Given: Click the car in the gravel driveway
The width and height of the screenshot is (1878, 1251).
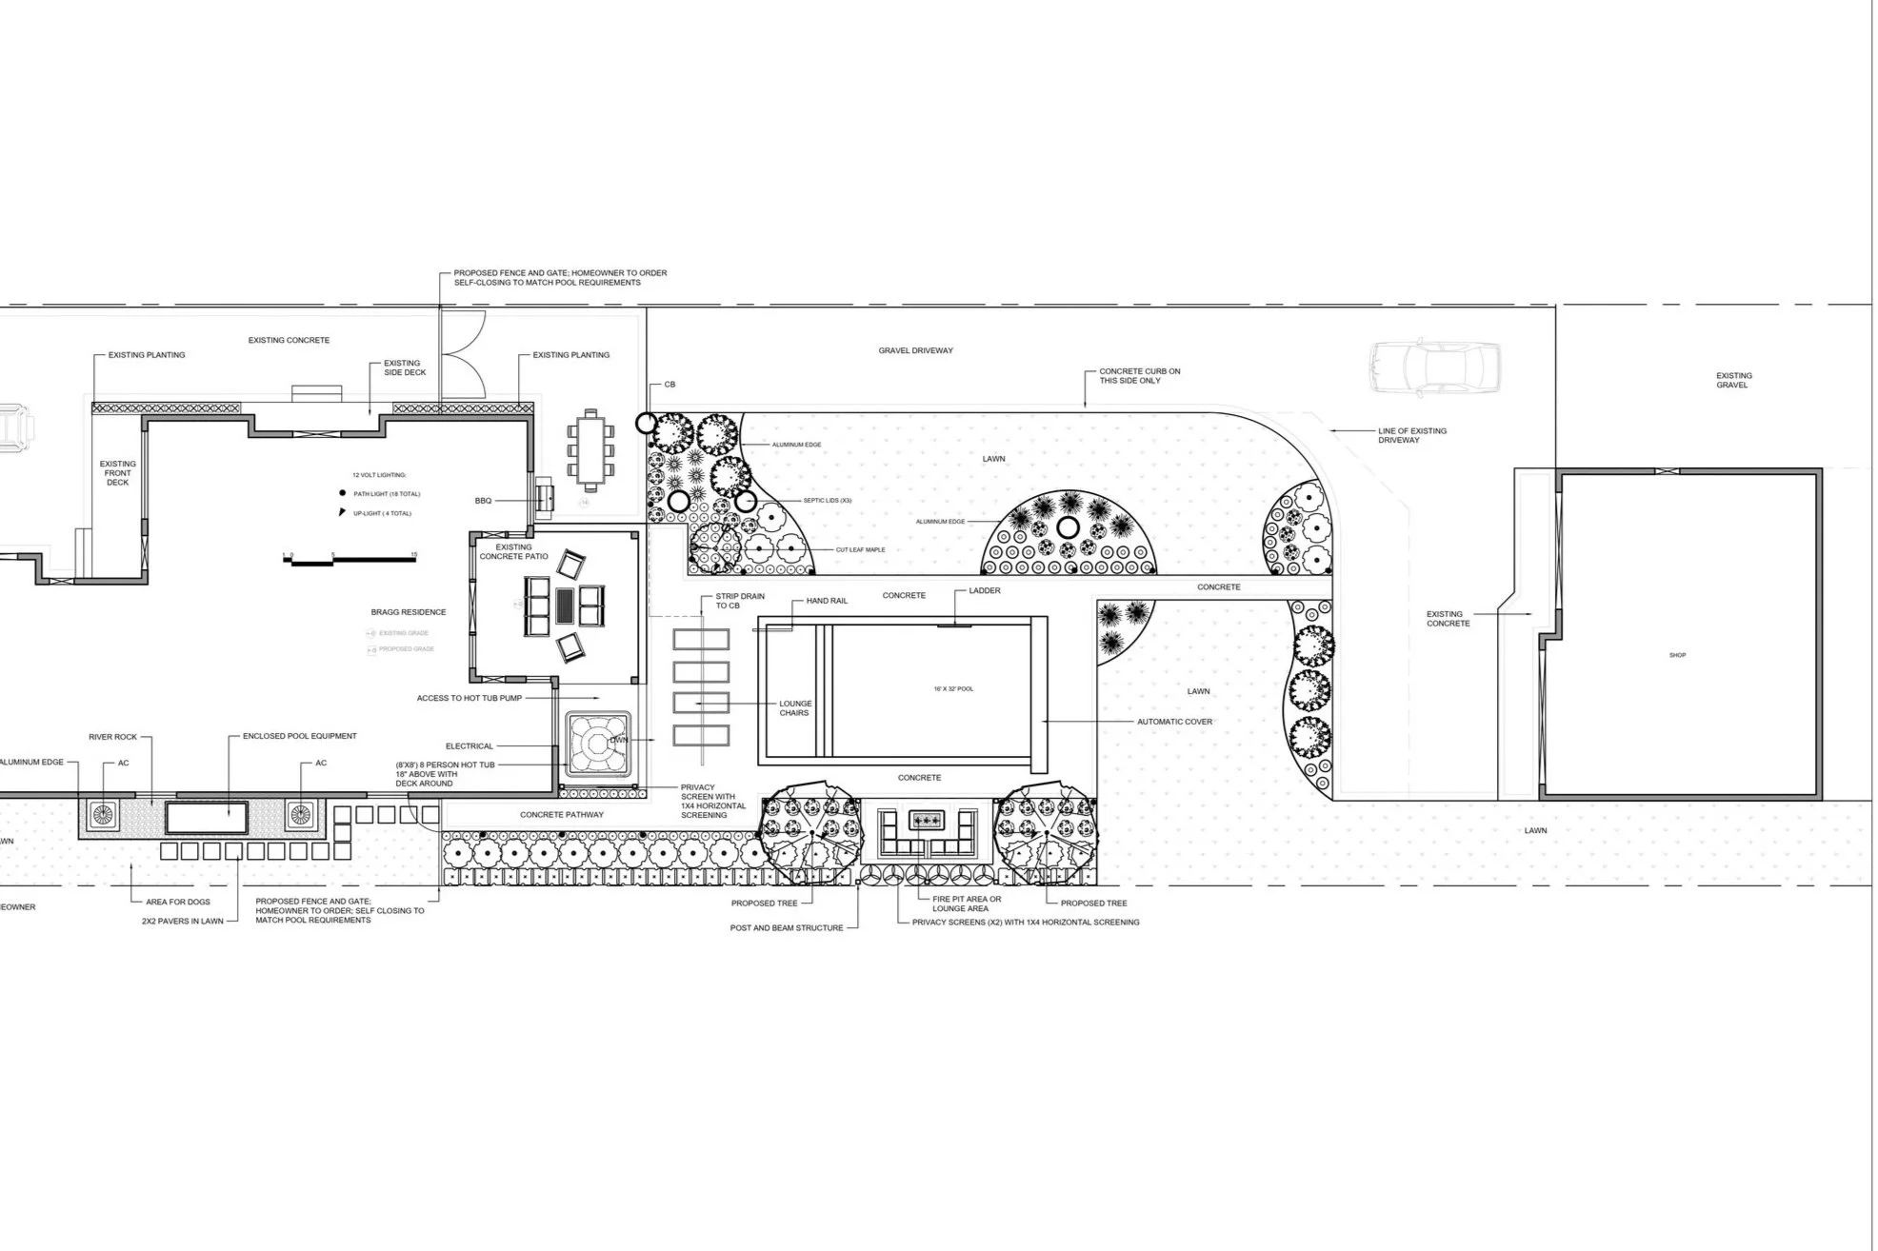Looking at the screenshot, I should [1434, 367].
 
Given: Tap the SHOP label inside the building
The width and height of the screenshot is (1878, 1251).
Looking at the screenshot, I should [1677, 655].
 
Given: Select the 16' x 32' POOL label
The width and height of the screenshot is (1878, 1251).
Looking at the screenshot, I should [953, 688].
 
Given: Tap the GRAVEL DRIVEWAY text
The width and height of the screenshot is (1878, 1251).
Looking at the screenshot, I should [915, 350].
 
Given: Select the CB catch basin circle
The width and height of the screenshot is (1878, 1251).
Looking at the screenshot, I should [646, 423].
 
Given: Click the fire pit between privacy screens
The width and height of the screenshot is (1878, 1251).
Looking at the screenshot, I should [925, 820].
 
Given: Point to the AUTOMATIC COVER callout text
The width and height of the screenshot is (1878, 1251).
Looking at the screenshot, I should [1174, 722].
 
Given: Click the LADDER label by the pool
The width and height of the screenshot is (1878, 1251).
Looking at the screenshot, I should [985, 590].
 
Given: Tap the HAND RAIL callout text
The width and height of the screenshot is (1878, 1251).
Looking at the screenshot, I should [827, 601].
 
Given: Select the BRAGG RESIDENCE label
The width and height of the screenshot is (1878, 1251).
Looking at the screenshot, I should [409, 612].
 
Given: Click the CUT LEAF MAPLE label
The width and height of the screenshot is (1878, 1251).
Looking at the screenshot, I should [860, 549].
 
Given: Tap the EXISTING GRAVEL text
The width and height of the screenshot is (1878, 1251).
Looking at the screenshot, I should [1733, 380].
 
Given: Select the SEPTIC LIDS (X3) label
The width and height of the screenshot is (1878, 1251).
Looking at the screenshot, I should [826, 500].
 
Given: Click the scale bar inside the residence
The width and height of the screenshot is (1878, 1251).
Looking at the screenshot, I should [350, 561].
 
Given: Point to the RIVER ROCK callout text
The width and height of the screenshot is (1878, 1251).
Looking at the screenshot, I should [112, 737].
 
